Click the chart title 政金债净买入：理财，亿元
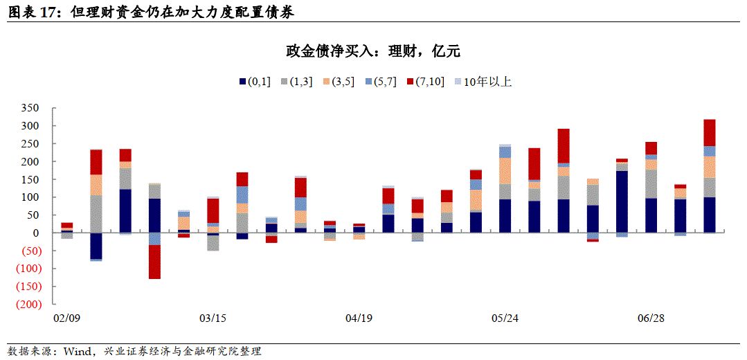point(373,51)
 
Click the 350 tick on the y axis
point(31,108)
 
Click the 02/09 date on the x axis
point(66,318)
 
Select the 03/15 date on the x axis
point(213,318)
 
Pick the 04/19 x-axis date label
point(359,318)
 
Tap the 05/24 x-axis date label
point(505,318)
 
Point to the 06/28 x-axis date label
point(651,318)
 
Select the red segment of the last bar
point(710,132)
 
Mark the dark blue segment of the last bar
point(710,215)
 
